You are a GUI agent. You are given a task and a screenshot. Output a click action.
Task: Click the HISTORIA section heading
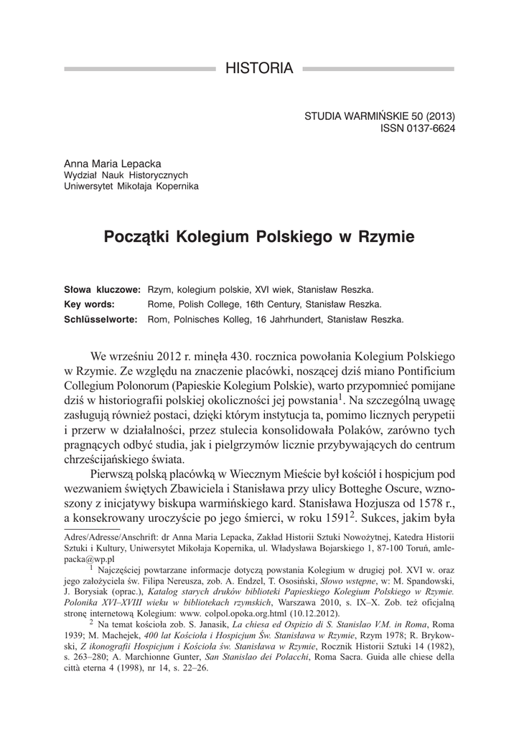tap(259, 69)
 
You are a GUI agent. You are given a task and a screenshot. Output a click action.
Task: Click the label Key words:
tap(90, 304)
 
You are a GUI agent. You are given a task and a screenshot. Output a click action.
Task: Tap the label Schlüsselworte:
tap(102, 318)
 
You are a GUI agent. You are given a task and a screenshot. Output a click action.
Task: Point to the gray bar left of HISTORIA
tap(140, 70)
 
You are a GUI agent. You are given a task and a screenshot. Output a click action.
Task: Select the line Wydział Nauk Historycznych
tap(126, 174)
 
